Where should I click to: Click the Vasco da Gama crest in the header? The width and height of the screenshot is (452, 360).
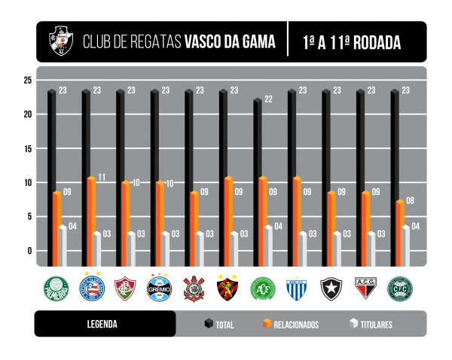[60, 41]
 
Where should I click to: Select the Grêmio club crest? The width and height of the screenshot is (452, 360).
[159, 288]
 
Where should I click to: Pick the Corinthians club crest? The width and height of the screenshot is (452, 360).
[194, 288]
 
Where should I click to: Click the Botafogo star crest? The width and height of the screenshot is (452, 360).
[331, 288]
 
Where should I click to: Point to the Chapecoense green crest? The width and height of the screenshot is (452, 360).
[262, 288]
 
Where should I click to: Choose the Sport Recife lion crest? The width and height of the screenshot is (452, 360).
[228, 288]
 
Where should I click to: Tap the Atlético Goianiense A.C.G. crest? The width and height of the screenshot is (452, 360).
[365, 288]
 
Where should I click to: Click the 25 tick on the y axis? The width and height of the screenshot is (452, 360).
[27, 81]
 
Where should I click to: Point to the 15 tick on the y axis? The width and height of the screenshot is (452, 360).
[27, 148]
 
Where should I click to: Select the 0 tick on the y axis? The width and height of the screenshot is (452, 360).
[29, 251]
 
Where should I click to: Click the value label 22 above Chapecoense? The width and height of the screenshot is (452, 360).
[269, 99]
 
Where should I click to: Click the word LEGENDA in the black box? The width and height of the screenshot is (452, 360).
[102, 325]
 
